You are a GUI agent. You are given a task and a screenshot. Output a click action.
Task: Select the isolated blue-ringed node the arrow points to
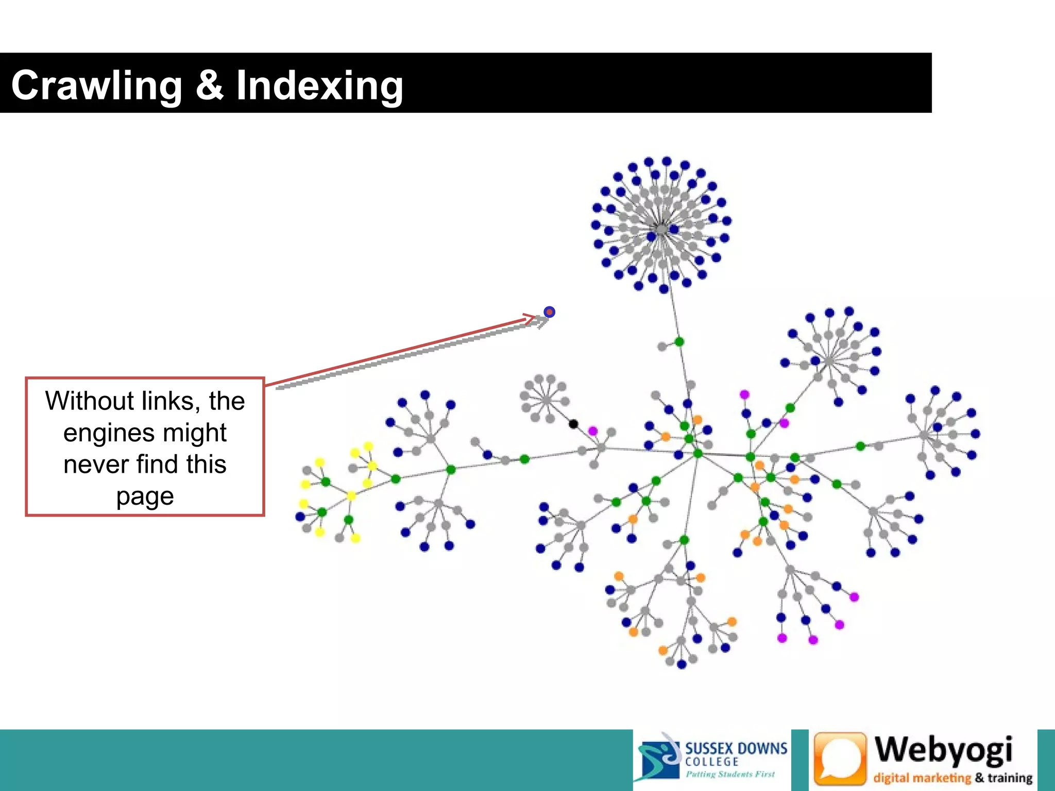click(549, 312)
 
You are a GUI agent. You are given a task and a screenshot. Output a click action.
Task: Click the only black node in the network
click(573, 424)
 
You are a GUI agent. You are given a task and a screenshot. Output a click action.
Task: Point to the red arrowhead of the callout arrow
click(531, 318)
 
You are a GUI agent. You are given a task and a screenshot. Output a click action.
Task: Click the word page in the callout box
click(145, 496)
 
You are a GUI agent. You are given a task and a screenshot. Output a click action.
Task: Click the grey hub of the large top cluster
click(661, 229)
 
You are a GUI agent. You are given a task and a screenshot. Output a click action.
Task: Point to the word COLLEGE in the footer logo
click(711, 762)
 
